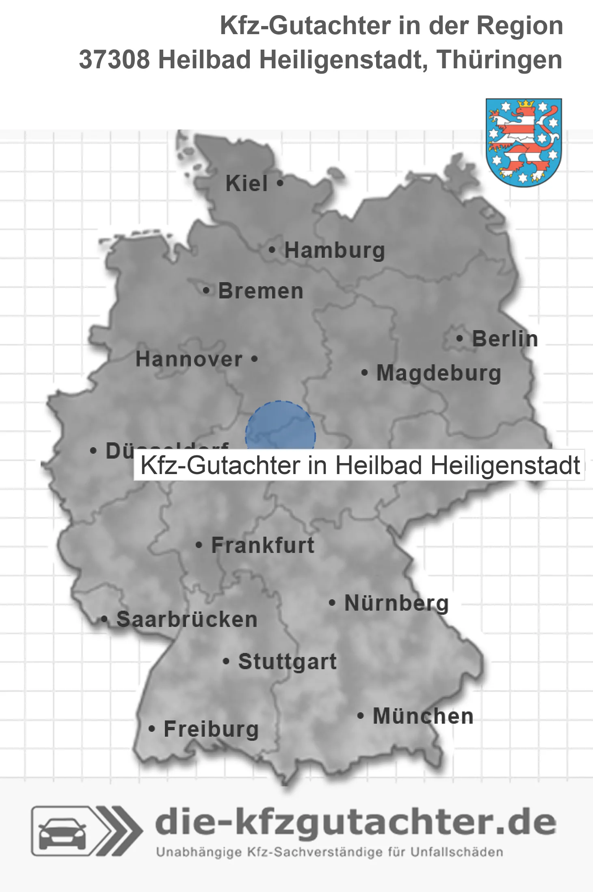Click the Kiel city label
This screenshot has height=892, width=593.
click(x=247, y=183)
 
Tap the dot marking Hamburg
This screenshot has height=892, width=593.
click(x=272, y=250)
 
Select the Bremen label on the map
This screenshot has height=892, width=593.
click(x=261, y=291)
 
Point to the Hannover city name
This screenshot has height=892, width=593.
click(x=189, y=359)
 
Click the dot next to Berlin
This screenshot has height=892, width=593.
click(x=459, y=338)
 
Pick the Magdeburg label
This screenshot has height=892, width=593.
click(x=439, y=373)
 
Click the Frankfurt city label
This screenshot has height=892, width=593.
click(x=263, y=545)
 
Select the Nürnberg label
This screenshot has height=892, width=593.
click(x=396, y=603)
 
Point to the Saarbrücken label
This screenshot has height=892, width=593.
click(x=187, y=620)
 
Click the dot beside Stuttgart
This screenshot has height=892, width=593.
click(x=226, y=661)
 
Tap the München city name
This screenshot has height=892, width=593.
click(x=423, y=716)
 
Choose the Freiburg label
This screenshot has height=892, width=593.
click(x=211, y=729)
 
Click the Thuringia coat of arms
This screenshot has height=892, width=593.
click(x=524, y=142)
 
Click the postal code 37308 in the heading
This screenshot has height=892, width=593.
click(x=114, y=60)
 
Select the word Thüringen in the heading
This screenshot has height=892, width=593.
click(x=500, y=60)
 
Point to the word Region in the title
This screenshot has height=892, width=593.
click(x=519, y=26)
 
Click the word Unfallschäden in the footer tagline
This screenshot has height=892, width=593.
click(x=457, y=852)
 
